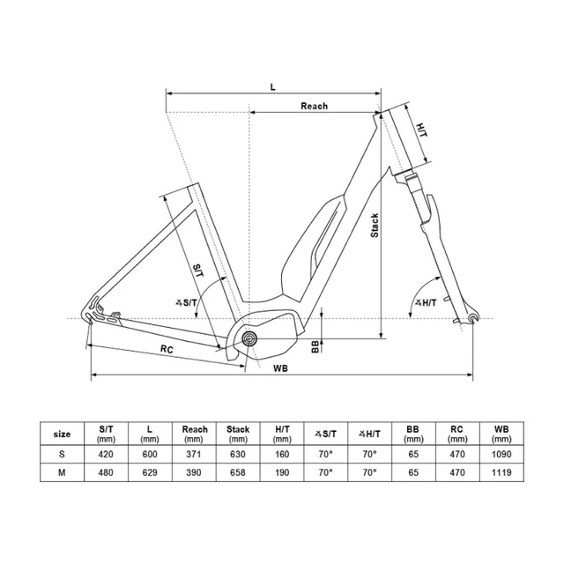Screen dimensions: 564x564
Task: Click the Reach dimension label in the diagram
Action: tap(314, 106)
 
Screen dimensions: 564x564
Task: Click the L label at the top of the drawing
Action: tap(273, 85)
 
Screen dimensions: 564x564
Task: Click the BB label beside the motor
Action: tap(315, 345)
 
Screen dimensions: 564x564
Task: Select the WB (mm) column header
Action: tap(501, 434)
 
